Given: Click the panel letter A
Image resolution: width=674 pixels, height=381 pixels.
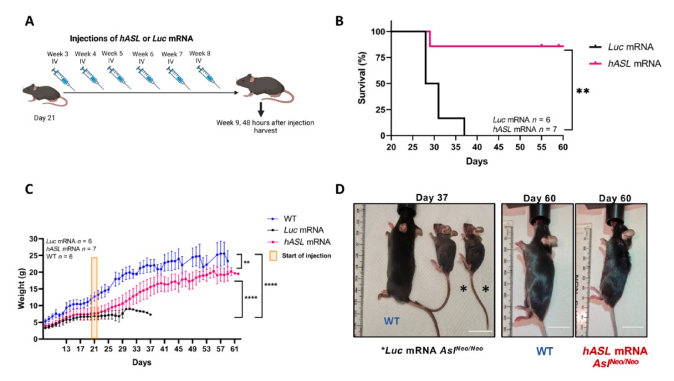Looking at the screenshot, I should pyautogui.click(x=29, y=21).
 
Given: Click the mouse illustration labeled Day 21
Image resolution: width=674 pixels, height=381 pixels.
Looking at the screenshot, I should pyautogui.click(x=42, y=94).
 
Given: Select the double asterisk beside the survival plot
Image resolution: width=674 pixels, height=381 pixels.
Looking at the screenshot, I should pyautogui.click(x=582, y=92).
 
